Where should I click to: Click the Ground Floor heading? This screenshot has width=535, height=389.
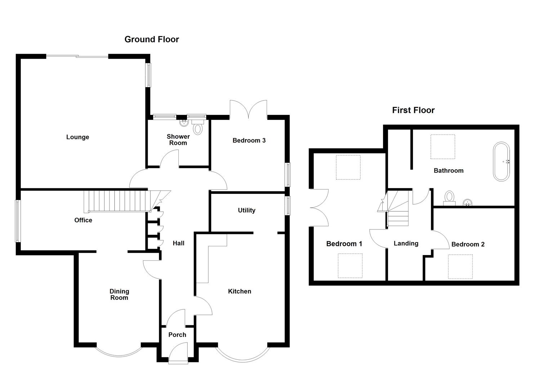click(x=152, y=39)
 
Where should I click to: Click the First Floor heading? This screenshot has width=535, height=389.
click(x=413, y=110)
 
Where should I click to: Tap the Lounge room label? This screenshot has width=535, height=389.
click(x=77, y=137)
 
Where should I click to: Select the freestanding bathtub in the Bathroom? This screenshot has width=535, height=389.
click(x=501, y=162)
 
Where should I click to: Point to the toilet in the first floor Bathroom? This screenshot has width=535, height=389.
click(x=449, y=198)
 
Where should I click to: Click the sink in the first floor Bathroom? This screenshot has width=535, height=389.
click(x=468, y=202)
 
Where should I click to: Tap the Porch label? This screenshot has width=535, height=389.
click(x=177, y=335)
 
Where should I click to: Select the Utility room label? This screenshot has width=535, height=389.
click(x=246, y=210)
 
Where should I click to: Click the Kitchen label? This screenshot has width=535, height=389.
click(x=240, y=291)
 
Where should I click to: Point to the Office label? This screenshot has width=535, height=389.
click(x=83, y=220)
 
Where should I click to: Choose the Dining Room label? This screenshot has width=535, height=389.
click(x=119, y=294)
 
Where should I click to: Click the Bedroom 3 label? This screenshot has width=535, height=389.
click(x=249, y=140)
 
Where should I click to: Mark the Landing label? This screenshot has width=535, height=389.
click(x=406, y=243)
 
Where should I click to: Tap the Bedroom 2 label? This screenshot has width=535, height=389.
click(x=468, y=244)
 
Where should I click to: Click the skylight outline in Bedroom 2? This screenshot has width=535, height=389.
click(x=460, y=267)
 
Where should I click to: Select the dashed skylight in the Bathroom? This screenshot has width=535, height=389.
click(x=443, y=147)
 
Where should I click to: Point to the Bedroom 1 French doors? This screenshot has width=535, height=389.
click(x=319, y=207)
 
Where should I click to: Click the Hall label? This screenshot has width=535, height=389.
click(x=178, y=243)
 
